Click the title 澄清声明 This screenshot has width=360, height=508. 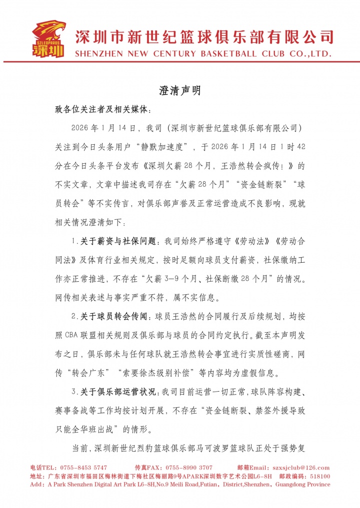tap(180, 90)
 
